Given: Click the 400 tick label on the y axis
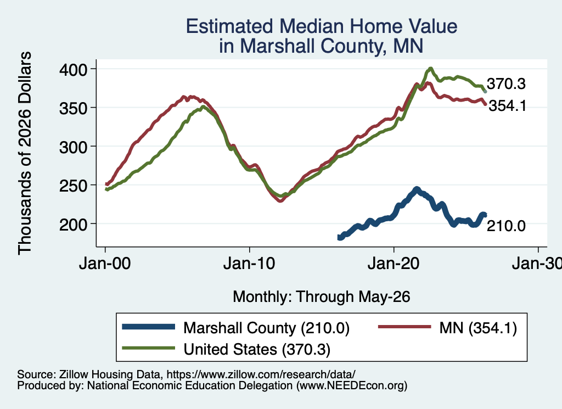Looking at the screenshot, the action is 74,69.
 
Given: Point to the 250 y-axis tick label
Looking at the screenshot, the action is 74,186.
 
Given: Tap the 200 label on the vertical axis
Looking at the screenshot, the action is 74,225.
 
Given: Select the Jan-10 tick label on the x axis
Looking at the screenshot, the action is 249,264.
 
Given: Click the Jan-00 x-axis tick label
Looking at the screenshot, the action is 105,264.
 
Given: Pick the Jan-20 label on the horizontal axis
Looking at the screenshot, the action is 394,264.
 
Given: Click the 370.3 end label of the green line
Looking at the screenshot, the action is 506,84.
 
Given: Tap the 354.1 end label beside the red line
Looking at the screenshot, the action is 508,106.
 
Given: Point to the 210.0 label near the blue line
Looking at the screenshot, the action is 506,226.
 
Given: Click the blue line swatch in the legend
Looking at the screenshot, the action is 148,327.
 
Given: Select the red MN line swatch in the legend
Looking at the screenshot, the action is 404,327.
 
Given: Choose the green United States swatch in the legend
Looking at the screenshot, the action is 148,348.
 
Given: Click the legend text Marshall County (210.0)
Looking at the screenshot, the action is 266,328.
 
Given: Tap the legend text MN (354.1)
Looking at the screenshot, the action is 478,328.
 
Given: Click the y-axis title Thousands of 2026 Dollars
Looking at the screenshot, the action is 25,153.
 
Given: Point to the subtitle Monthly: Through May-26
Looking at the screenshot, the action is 322,297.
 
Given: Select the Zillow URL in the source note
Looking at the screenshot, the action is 261,374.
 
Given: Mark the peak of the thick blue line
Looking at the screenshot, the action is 417,189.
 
